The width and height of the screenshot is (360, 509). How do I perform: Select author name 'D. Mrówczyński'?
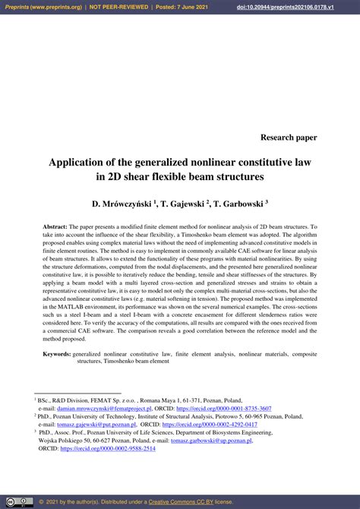(x=122, y=204)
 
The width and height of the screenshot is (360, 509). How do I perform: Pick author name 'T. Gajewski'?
(x=182, y=204)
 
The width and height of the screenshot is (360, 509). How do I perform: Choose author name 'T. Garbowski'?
(x=238, y=204)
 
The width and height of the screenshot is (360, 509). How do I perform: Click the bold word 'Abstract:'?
(x=55, y=227)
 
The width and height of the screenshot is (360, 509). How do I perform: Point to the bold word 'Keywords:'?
(x=57, y=354)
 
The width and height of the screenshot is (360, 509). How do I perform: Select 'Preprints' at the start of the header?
(x=19, y=7)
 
